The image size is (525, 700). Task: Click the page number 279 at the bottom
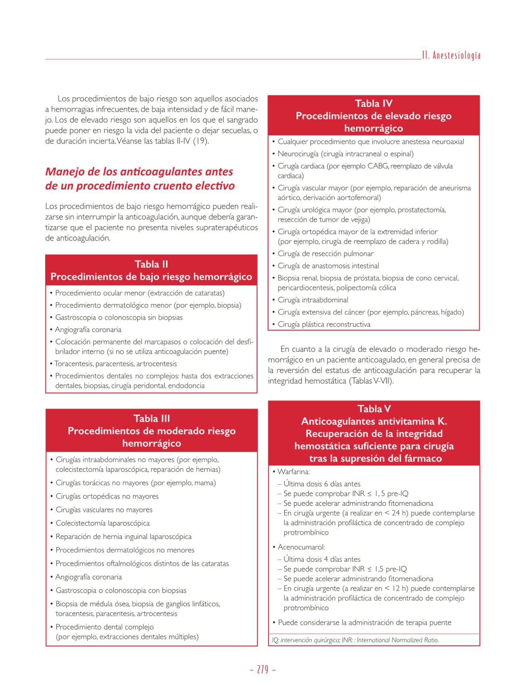tap(262, 670)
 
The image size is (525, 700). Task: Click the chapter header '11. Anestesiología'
tap(451, 56)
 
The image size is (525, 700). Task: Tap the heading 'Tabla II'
tap(151, 264)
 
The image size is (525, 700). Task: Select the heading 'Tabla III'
tap(151, 418)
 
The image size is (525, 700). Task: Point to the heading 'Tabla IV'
tap(374, 103)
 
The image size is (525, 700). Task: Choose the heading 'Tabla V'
tap(374, 409)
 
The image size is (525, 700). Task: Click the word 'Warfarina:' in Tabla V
tap(293, 472)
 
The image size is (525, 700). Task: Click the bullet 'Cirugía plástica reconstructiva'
tap(324, 324)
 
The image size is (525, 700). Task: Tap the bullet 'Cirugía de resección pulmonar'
tap(325, 254)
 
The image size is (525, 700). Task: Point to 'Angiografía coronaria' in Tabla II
tap(88, 329)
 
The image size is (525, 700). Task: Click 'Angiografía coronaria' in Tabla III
tap(88, 577)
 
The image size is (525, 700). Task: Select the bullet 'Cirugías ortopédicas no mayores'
tap(107, 496)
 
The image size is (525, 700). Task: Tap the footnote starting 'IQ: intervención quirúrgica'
tap(355, 640)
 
